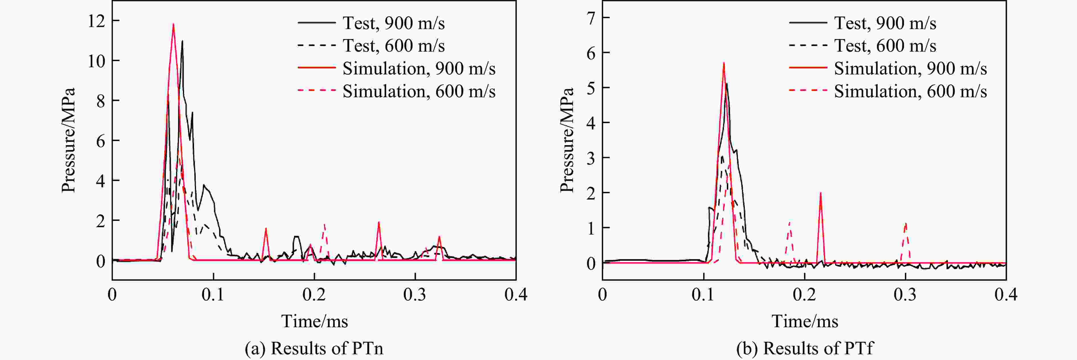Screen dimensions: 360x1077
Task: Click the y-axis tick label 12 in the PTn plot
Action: pos(96,21)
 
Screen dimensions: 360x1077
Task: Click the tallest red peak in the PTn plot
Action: pos(173,24)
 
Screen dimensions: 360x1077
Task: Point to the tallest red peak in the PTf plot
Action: pos(724,64)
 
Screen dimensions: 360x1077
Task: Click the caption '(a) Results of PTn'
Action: pos(314,348)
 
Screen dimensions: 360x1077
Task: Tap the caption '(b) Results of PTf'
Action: pos(805,348)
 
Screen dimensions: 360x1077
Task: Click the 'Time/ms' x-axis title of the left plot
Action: pos(314,321)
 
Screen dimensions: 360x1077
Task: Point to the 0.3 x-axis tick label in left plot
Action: pos(415,295)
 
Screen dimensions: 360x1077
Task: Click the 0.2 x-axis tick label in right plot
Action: pos(804,295)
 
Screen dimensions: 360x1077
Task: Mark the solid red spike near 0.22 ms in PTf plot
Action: pos(821,194)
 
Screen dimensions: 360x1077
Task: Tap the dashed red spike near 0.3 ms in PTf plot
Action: pos(905,224)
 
